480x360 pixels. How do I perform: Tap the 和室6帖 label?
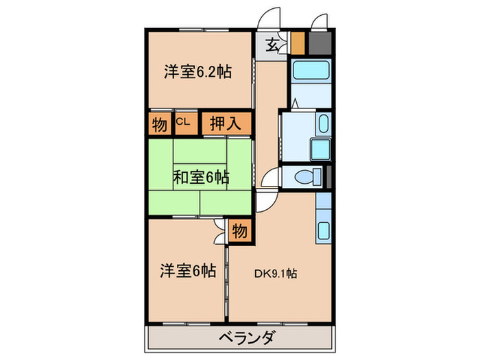pyautogui.click(x=200, y=178)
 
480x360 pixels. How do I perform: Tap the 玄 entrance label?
pyautogui.click(x=272, y=46)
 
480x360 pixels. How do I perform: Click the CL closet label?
pyautogui.click(x=183, y=123)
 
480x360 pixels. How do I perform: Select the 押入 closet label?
pyautogui.click(x=224, y=124)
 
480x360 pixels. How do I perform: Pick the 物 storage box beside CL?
pyautogui.click(x=159, y=124)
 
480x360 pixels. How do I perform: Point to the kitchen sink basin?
pyautogui.click(x=323, y=230)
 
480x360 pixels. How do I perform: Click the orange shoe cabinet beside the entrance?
pyautogui.click(x=297, y=43)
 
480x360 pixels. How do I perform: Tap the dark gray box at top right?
pyautogui.click(x=317, y=43)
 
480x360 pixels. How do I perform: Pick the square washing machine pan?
pyautogui.click(x=320, y=149)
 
